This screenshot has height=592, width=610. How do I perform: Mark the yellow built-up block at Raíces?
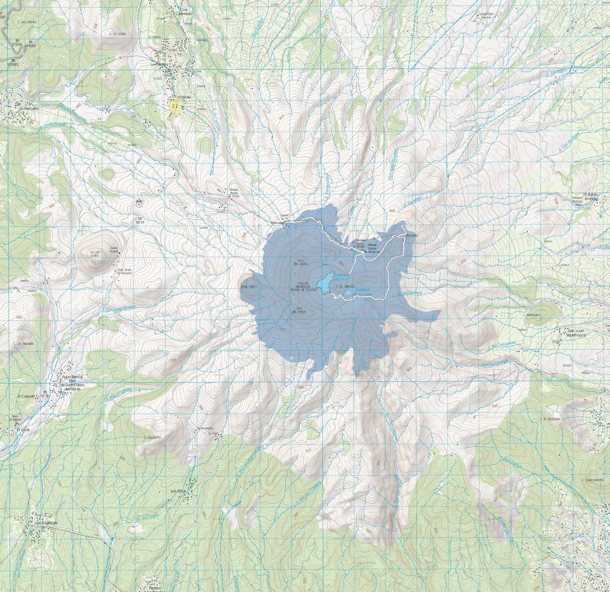point(175,110)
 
